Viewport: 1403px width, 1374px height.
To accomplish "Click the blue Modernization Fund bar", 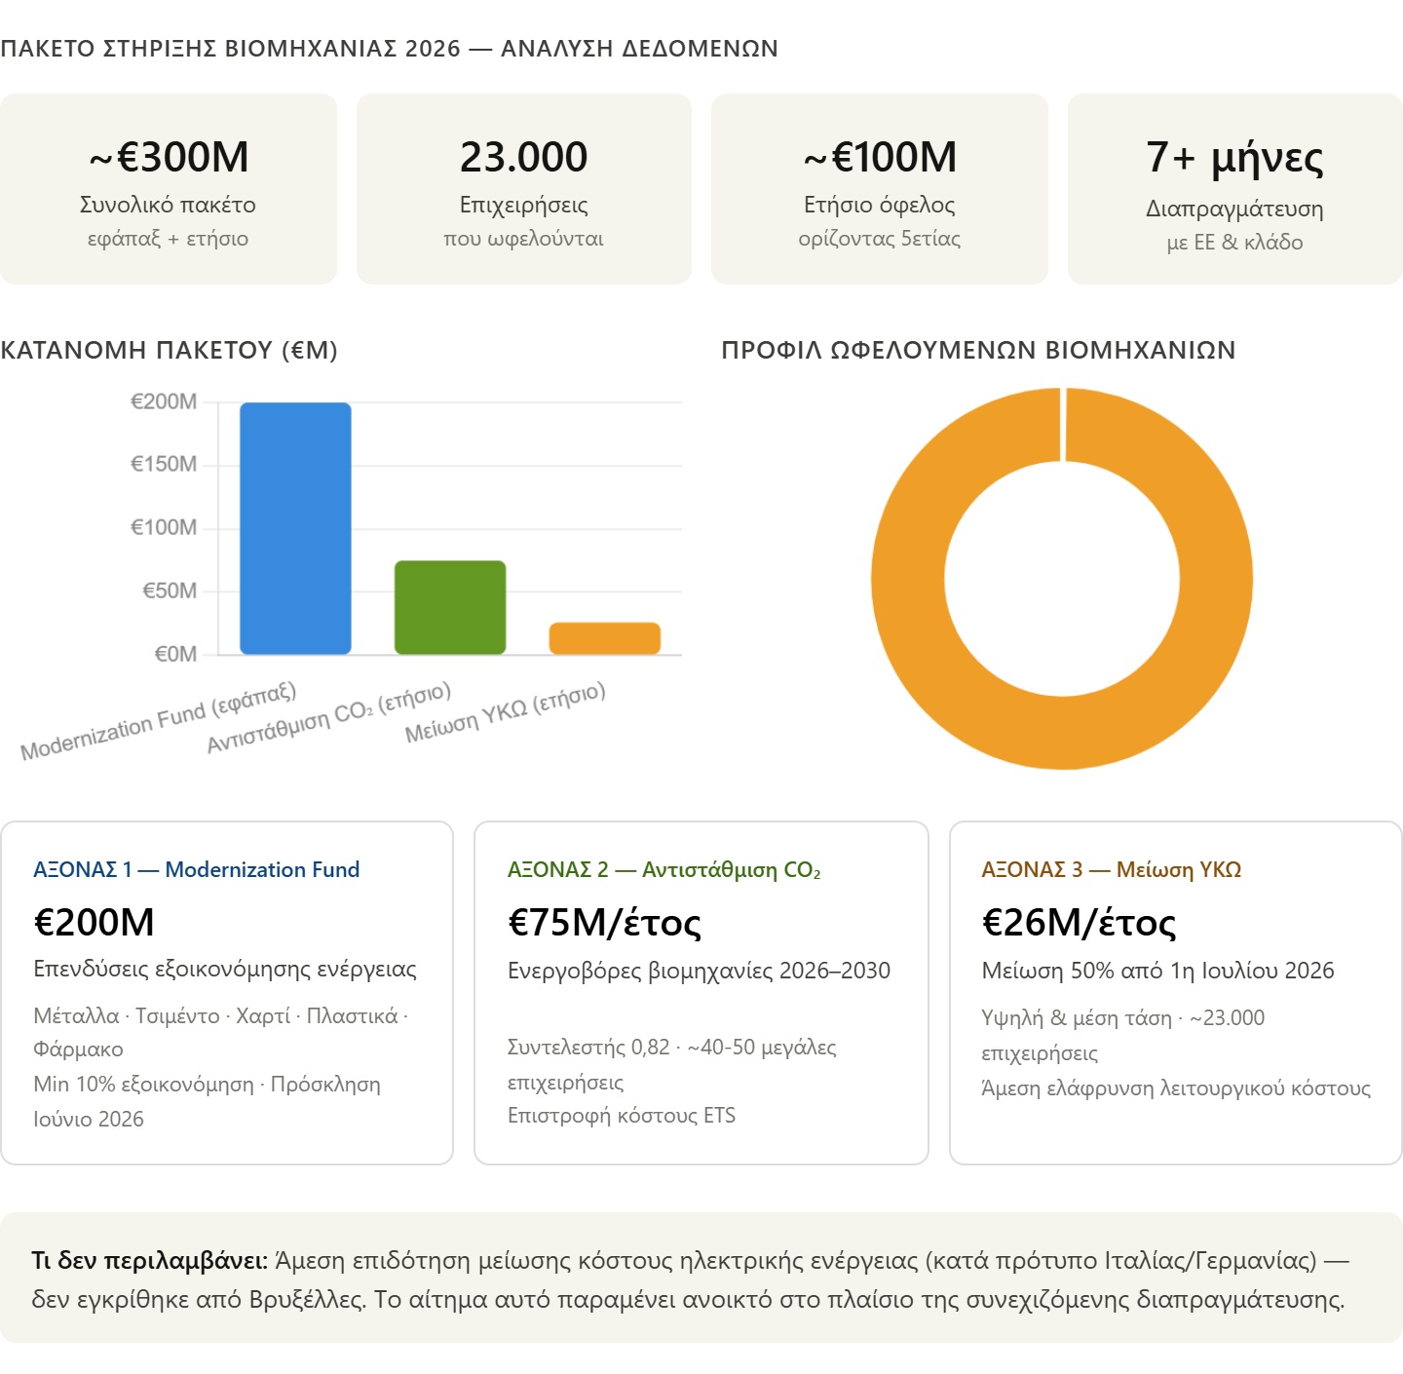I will click(x=295, y=528).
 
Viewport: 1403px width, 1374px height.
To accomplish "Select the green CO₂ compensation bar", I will click(x=450, y=607).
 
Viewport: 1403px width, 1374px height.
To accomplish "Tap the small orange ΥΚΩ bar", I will click(x=605, y=638).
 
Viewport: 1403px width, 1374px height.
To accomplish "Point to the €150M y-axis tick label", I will click(x=164, y=464).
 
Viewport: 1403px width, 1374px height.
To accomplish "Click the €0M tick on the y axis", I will click(x=175, y=654).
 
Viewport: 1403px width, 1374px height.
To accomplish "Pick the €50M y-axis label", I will click(x=170, y=591).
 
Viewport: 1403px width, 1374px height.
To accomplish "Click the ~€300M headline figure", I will click(x=169, y=157).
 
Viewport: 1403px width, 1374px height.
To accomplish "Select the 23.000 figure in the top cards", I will click(x=524, y=157).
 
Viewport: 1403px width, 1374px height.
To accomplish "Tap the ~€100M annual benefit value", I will click(x=880, y=157).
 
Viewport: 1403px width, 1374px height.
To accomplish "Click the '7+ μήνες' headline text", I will click(x=1234, y=157).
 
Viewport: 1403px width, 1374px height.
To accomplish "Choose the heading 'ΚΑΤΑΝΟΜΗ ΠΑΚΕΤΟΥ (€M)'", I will click(x=169, y=350).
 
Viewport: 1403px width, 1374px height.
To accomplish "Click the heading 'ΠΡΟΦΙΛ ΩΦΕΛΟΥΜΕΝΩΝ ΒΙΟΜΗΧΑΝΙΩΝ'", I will click(x=978, y=350).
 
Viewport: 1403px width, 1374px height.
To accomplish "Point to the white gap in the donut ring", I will click(x=1063, y=424).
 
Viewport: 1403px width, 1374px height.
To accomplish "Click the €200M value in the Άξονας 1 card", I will click(x=95, y=922).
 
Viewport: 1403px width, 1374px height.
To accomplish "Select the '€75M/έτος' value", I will click(x=604, y=922).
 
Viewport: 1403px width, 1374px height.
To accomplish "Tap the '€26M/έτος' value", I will click(x=1079, y=922).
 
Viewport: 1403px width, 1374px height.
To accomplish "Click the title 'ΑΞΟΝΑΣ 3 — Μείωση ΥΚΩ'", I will click(x=1111, y=869).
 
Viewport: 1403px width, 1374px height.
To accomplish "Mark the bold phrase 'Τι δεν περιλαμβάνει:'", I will click(x=149, y=1260).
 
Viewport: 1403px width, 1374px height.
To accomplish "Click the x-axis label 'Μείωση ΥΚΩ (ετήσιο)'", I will click(x=506, y=713).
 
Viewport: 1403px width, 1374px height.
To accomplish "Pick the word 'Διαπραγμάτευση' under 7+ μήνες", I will click(x=1234, y=209).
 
